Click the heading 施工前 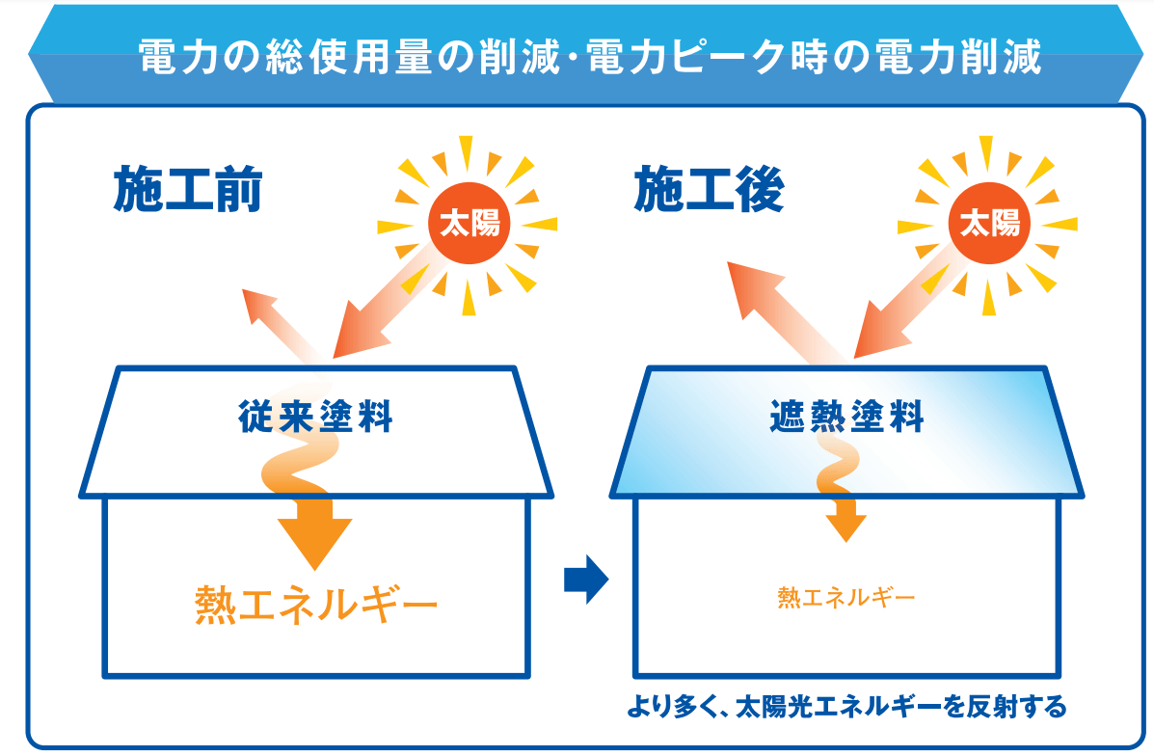tap(188, 189)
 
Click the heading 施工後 tap(709, 189)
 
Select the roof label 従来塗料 tap(315, 417)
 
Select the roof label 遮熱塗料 tap(846, 417)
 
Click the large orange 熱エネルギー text tap(316, 606)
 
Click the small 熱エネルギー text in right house tap(846, 597)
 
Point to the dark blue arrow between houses tap(586, 579)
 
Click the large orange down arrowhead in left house tap(315, 533)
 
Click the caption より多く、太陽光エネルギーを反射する tap(846, 707)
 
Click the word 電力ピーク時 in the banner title tap(718, 57)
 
